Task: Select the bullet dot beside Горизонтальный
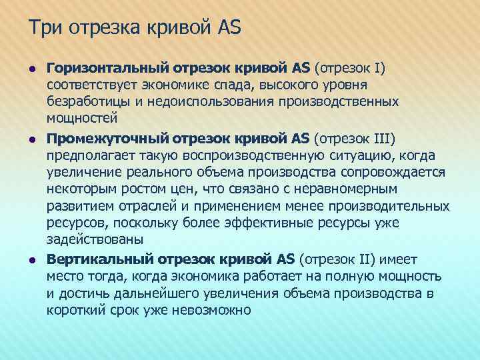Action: [x=31, y=68]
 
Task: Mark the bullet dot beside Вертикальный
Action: [x=31, y=259]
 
